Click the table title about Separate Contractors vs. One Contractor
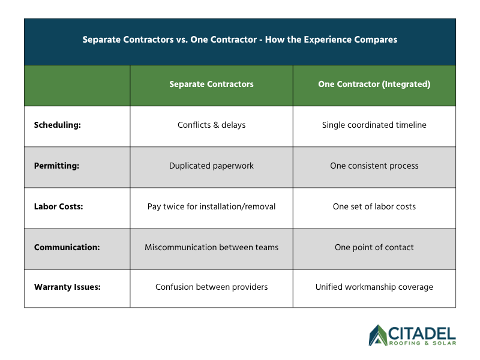[x=239, y=40]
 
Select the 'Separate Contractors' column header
[x=211, y=85]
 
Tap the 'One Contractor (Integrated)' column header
[x=374, y=85]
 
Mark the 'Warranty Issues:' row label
[x=67, y=287]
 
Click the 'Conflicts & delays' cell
[x=211, y=125]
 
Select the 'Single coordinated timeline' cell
[x=374, y=125]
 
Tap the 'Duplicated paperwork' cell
[x=211, y=166]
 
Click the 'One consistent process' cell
[x=374, y=166]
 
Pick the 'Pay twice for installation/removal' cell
[x=211, y=206]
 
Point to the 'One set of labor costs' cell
[x=374, y=206]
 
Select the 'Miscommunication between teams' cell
[x=211, y=247]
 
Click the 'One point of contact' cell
[x=374, y=247]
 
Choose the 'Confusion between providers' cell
[x=211, y=287]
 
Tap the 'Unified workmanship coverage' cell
[x=374, y=287]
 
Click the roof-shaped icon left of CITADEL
[x=378, y=335]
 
